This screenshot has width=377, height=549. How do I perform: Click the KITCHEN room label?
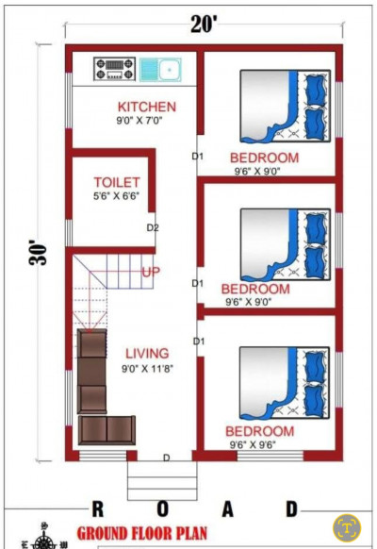tap(146, 107)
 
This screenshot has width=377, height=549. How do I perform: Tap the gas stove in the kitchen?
tap(114, 69)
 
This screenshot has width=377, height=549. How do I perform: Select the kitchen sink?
tap(160, 70)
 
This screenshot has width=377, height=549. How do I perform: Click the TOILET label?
tap(117, 182)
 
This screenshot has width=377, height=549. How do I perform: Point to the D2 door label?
tap(153, 228)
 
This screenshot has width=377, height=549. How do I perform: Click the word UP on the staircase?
tap(151, 272)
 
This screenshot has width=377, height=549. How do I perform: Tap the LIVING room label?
tap(147, 354)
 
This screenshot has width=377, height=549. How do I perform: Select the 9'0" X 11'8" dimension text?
tap(147, 368)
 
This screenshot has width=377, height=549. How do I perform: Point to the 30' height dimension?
tap(38, 252)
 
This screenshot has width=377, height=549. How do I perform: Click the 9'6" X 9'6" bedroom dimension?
tap(253, 444)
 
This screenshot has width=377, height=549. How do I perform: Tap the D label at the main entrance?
tap(167, 457)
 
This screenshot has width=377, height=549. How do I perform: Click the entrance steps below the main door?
tap(162, 480)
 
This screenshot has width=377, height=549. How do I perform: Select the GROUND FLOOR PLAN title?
tap(142, 533)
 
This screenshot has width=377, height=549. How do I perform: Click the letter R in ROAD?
tap(98, 508)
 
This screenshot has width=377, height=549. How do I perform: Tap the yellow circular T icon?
tap(347, 528)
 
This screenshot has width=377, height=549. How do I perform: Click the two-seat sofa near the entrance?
tap(107, 430)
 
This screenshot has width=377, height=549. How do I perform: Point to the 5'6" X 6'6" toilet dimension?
tap(116, 196)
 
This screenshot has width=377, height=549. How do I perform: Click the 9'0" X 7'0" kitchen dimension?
tap(139, 121)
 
